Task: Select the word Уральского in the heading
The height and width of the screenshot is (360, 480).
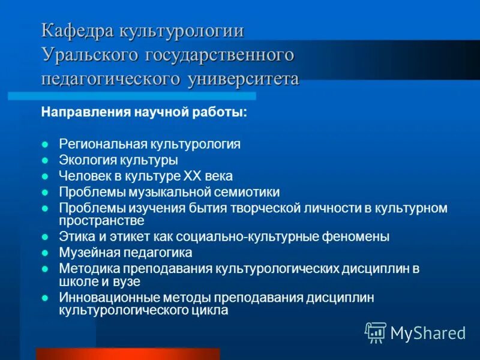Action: click(89, 55)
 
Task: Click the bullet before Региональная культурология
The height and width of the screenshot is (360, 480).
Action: click(46, 145)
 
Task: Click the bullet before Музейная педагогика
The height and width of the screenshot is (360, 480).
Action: click(46, 253)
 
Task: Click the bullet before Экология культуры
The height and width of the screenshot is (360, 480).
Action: click(46, 161)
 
